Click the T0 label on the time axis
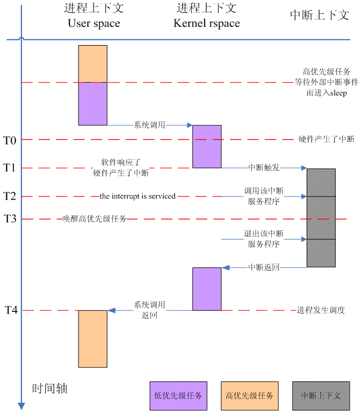click(x=10, y=140)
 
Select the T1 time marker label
click(x=10, y=168)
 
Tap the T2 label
click(x=10, y=197)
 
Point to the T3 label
click(x=10, y=219)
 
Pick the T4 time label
click(x=10, y=310)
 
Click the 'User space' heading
click(x=94, y=24)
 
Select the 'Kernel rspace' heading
click(x=206, y=24)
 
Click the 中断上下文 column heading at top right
click(x=319, y=16)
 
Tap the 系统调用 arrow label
click(x=149, y=125)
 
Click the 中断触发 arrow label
click(x=263, y=168)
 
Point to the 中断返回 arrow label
click(x=263, y=267)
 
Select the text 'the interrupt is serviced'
click(x=138, y=197)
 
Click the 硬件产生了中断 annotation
click(x=326, y=140)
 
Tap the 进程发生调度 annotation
click(x=321, y=310)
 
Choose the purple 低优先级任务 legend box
click(x=178, y=396)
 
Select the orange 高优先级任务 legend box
click(x=249, y=396)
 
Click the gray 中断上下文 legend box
click(x=321, y=396)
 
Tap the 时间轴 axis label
click(x=50, y=388)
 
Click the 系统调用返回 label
click(x=149, y=310)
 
